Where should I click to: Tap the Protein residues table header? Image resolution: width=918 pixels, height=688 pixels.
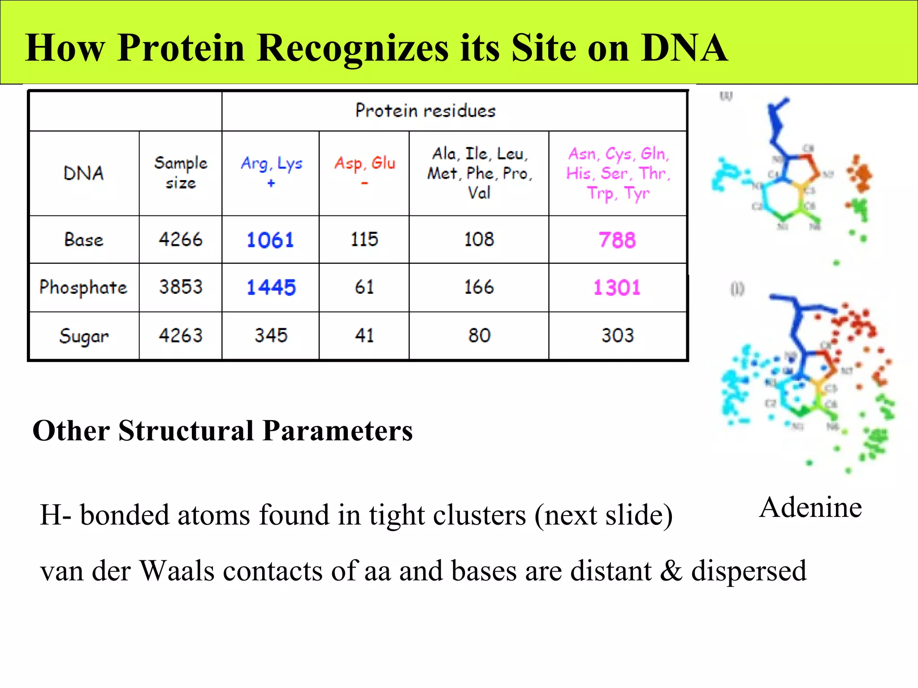[x=425, y=111]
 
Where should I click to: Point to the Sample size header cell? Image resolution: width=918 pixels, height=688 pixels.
[x=181, y=172]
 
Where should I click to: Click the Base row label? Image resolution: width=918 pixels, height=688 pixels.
[x=84, y=240]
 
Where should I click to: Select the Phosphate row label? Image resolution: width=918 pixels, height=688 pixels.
[x=83, y=288]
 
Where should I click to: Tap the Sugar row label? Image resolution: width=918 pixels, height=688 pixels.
[x=84, y=336]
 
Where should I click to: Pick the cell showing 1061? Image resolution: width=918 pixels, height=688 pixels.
[x=270, y=240]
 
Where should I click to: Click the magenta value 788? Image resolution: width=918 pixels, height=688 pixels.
[x=617, y=240]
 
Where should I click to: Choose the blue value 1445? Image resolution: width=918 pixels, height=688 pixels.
[x=271, y=288]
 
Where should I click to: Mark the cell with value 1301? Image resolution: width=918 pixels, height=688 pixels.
[x=617, y=288]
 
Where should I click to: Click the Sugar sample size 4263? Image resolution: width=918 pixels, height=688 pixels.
[x=181, y=335]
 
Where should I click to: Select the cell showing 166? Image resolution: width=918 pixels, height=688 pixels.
[x=479, y=287]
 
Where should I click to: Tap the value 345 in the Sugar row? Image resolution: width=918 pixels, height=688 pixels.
[x=271, y=335]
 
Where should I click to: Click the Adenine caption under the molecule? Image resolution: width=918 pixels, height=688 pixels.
[x=810, y=507]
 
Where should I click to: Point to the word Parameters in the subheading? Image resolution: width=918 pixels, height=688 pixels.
[x=337, y=431]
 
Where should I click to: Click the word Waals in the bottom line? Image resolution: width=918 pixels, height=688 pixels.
[x=178, y=571]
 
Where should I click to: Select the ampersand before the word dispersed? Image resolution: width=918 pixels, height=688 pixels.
[x=671, y=571]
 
